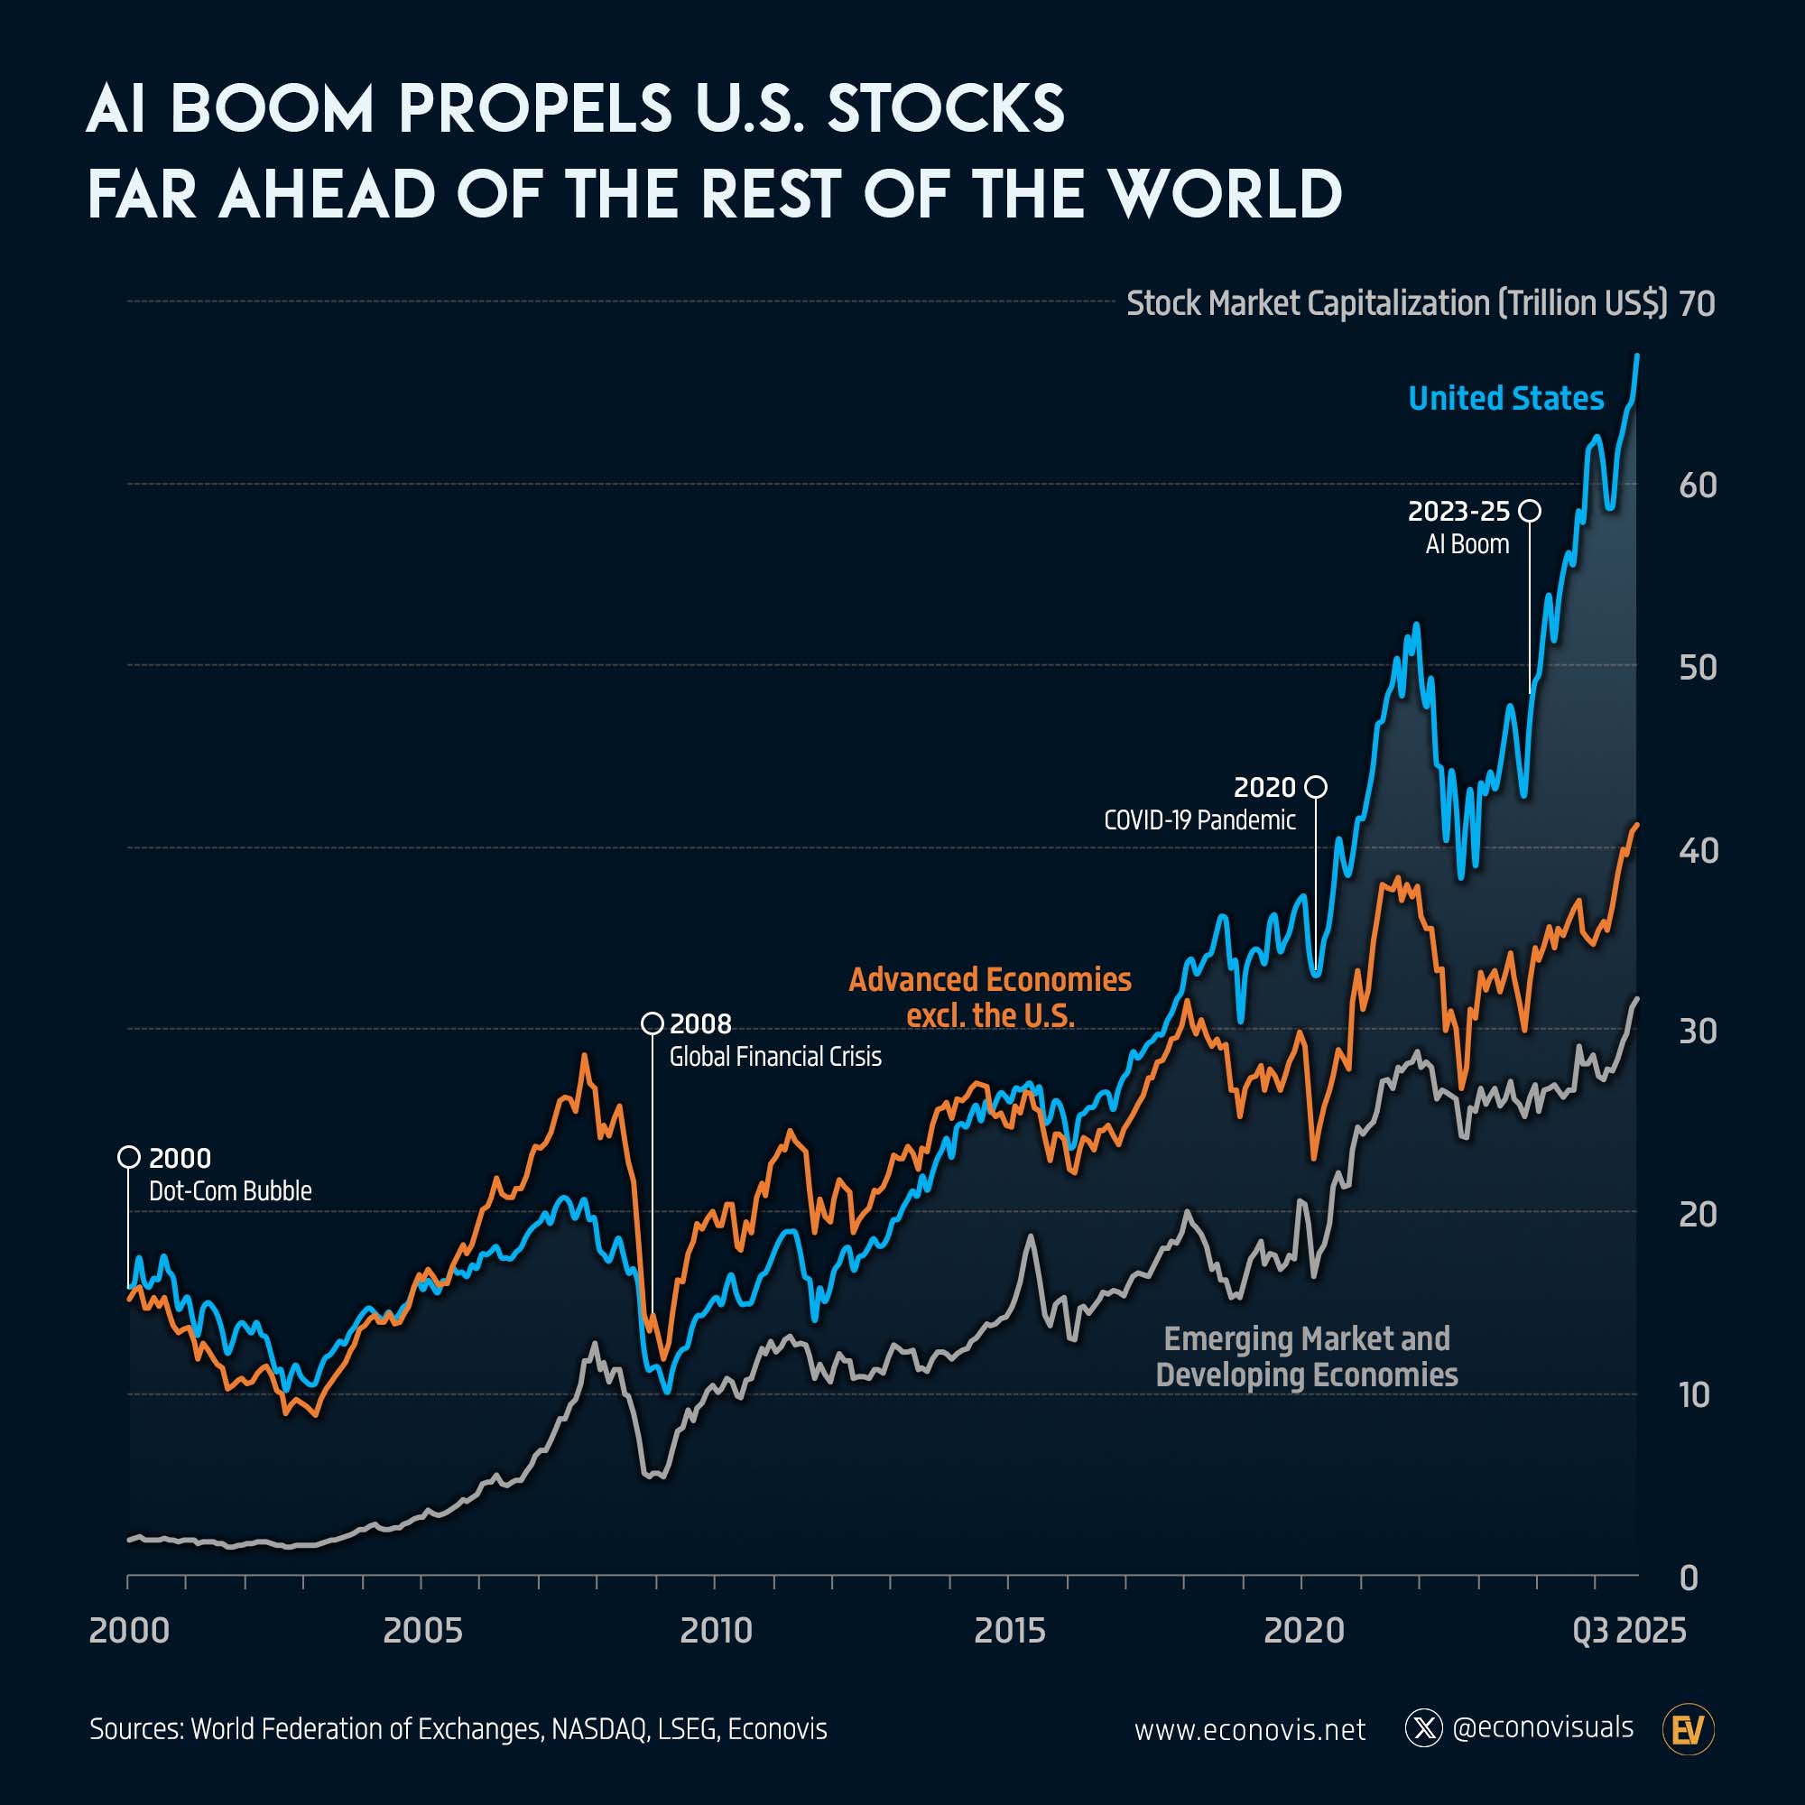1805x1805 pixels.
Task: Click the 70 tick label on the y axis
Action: (1697, 303)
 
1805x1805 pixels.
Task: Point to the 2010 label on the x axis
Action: (716, 1630)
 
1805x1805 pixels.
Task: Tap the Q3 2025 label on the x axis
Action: (1629, 1630)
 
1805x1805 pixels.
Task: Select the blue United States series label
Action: (1505, 398)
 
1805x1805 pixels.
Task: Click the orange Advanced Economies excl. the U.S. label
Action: (989, 997)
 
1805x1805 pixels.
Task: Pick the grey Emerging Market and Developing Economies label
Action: (1306, 1356)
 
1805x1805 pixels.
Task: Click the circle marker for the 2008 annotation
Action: (653, 1023)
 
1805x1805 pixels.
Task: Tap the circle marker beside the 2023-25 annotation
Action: (1530, 511)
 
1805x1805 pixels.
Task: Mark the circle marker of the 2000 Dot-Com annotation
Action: (129, 1157)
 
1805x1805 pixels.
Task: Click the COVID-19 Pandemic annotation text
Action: (1199, 820)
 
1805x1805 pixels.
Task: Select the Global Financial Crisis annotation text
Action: (774, 1057)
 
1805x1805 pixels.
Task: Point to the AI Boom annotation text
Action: (1467, 545)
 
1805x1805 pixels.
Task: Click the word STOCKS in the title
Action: (946, 109)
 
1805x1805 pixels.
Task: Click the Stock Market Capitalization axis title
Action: (1396, 303)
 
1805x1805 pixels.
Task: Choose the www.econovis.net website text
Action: (1249, 1729)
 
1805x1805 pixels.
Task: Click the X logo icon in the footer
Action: (1424, 1728)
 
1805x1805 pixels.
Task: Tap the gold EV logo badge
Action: (1689, 1729)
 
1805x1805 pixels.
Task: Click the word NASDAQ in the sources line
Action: (599, 1729)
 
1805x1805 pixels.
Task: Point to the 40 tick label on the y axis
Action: (1698, 850)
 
